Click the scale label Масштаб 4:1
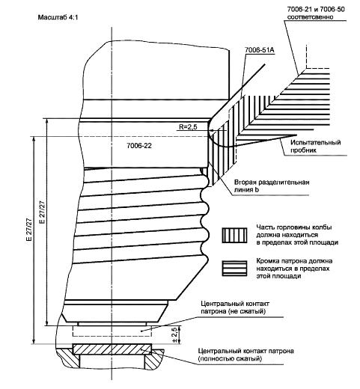[x=58, y=17]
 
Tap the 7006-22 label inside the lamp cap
[x=139, y=146]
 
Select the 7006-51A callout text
[x=260, y=50]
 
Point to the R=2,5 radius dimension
[x=188, y=127]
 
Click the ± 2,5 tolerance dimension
[x=174, y=335]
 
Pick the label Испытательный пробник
[x=316, y=147]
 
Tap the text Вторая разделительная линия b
[x=272, y=186]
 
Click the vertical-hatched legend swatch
[x=234, y=235]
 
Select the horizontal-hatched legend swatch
[x=234, y=269]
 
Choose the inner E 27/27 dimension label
[x=42, y=212]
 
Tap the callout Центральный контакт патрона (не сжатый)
[x=235, y=307]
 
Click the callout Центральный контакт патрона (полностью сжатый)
[x=245, y=355]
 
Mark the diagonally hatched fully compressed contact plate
[x=112, y=349]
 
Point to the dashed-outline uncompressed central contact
[x=112, y=331]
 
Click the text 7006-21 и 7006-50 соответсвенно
[x=316, y=13]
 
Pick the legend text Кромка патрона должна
[x=294, y=261]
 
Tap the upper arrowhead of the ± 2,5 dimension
[x=180, y=328]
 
